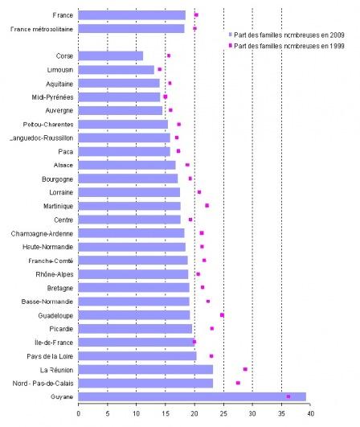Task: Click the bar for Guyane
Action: point(192,396)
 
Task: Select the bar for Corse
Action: point(111,55)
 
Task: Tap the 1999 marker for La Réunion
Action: point(245,369)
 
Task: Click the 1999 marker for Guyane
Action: point(288,396)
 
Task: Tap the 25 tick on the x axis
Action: point(224,413)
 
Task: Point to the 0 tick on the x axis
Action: point(79,413)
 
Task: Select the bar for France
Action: point(132,14)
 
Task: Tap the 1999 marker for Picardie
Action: point(212,328)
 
